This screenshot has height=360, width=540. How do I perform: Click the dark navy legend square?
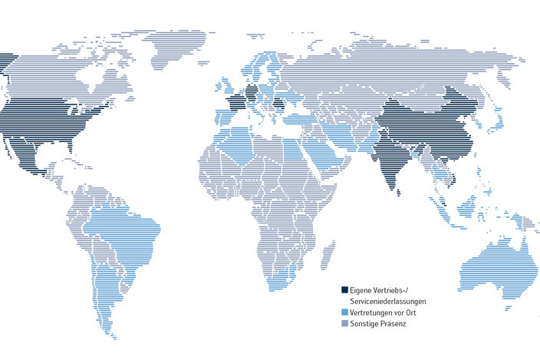344,290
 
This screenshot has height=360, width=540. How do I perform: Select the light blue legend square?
344,312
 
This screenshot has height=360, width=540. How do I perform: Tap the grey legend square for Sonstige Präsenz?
344,324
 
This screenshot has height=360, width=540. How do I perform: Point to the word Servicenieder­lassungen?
387,302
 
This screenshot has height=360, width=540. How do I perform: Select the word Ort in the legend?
411,312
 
